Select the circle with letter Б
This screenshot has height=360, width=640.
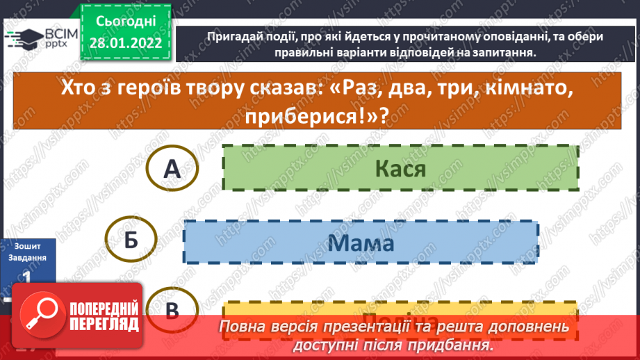coord(131,241)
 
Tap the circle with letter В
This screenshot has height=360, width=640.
coord(174,310)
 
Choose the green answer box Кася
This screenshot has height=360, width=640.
coord(400,167)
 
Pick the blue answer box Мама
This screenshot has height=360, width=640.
coord(360,242)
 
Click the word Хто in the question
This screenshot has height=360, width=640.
coord(82,90)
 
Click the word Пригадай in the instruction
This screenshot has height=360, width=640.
coord(233,37)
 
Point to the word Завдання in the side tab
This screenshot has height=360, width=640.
coord(28,257)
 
